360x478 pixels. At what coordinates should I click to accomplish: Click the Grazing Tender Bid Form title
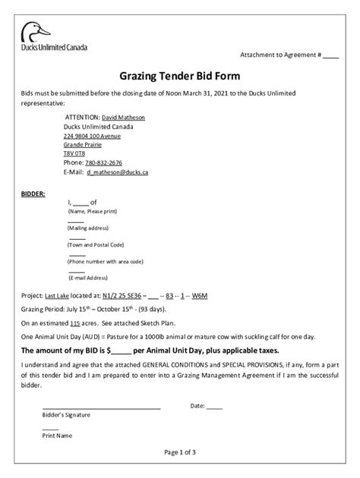click(x=179, y=77)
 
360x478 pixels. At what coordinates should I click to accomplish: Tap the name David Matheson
click(x=123, y=118)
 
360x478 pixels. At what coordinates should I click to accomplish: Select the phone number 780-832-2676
click(x=103, y=162)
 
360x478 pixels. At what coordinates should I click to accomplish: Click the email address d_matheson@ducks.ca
click(x=117, y=172)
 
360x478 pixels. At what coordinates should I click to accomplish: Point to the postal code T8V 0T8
click(x=74, y=153)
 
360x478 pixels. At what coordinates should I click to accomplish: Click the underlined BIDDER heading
click(x=33, y=193)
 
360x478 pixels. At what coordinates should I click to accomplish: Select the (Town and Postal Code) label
click(x=96, y=244)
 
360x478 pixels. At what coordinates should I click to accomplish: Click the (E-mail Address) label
click(x=88, y=278)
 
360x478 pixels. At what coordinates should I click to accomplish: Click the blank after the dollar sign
click(x=121, y=351)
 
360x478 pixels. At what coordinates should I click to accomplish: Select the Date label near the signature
click(x=197, y=406)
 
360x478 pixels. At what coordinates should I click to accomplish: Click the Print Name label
click(x=57, y=436)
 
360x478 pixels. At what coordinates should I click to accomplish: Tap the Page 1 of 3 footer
click(x=179, y=452)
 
